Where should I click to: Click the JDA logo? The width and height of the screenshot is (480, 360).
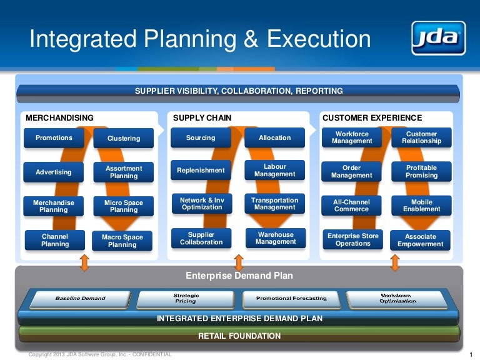tap(438, 38)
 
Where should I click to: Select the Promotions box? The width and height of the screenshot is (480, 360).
tap(54, 138)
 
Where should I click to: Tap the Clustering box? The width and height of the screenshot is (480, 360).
tap(124, 139)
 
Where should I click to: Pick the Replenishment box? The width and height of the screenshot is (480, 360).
tap(201, 170)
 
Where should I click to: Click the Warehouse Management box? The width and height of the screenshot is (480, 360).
tap(276, 238)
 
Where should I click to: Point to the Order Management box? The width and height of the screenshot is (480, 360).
tap(352, 172)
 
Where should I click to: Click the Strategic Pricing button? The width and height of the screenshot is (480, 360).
tap(186, 298)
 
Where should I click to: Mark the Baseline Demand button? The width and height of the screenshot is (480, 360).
tap(81, 298)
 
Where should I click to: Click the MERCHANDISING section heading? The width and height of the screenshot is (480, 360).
tap(59, 117)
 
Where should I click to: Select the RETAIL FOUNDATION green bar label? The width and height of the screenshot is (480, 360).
tap(239, 336)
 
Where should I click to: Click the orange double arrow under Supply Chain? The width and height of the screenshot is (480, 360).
tap(238, 262)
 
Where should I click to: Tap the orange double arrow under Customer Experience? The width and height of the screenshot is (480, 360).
tap(394, 262)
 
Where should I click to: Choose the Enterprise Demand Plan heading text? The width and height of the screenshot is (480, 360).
tap(239, 276)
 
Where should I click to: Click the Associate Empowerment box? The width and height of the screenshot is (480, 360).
tap(421, 241)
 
